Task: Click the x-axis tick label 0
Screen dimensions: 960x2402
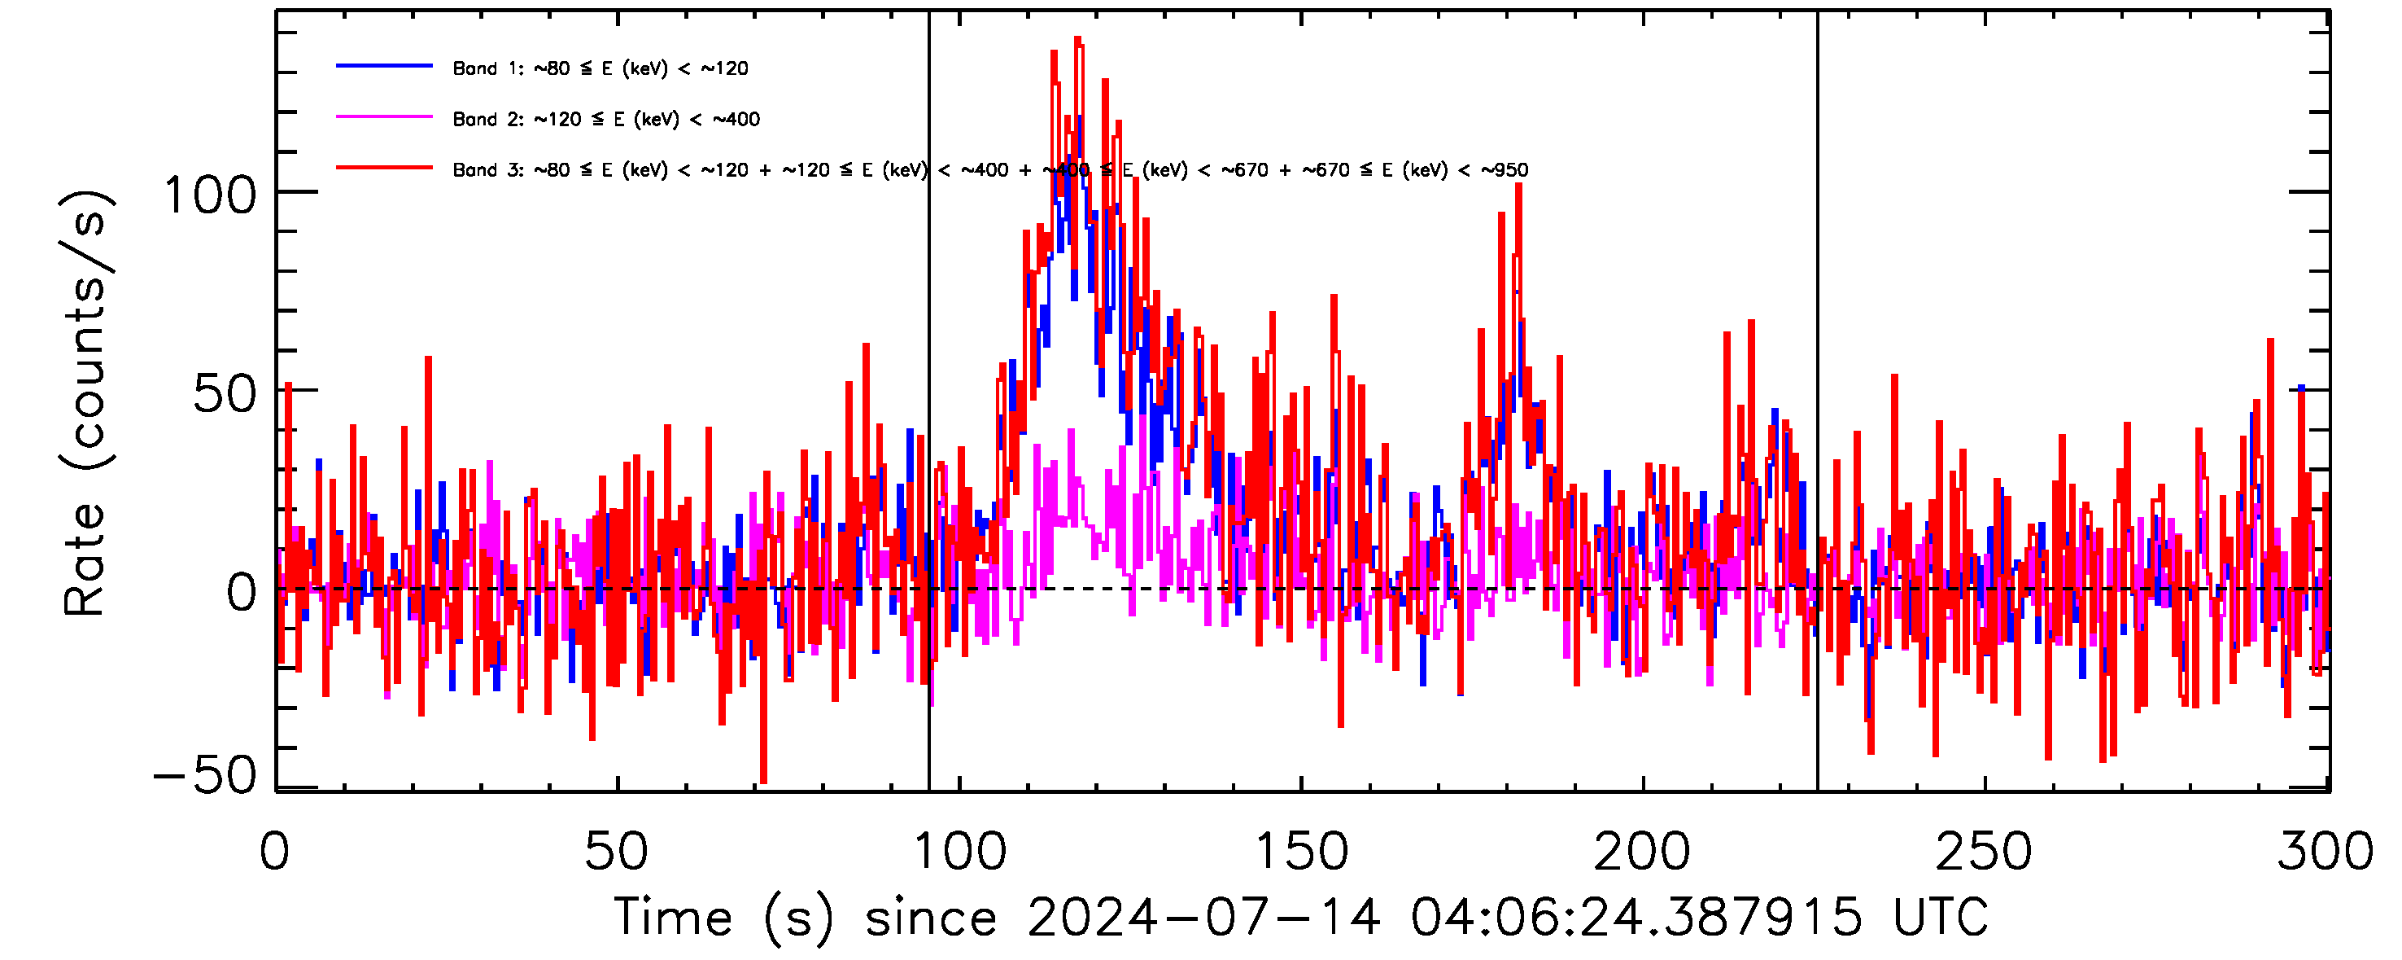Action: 275,852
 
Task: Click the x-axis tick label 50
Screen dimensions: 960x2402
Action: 616,852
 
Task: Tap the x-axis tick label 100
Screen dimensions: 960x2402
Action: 959,852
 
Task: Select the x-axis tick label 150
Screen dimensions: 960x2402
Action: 1302,852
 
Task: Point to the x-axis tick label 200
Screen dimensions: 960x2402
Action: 1643,852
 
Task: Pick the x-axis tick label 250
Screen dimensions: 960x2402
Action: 1985,852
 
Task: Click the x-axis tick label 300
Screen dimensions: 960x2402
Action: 2326,852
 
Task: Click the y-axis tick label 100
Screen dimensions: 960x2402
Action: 210,196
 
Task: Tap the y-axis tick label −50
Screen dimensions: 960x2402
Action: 204,774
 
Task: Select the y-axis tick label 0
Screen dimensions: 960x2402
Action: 242,594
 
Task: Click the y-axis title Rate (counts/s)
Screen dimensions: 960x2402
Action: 85,403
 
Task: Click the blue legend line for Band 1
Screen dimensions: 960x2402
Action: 384,66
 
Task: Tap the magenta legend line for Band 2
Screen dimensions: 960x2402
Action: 384,117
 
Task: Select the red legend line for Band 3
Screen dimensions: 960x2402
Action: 384,168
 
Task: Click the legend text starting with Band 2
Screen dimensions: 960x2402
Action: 606,120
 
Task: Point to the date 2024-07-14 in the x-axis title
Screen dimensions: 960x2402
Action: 1203,917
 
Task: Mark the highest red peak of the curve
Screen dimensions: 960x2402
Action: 1078,39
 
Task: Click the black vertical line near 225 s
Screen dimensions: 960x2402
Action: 1817,373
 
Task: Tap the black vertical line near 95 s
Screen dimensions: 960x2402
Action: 928,373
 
